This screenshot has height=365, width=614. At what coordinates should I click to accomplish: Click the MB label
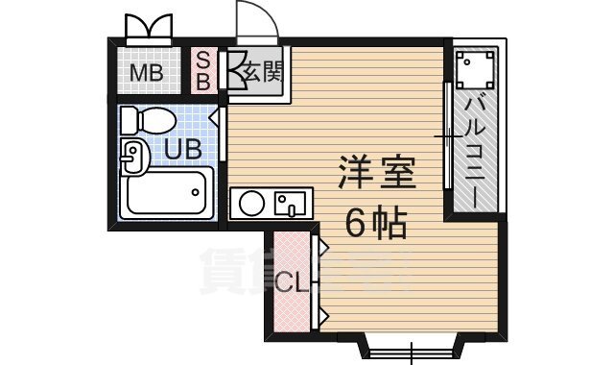tap(147, 73)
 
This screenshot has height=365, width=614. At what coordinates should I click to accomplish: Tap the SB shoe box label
tap(203, 70)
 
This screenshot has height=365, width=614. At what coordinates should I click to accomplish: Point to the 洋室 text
tap(375, 176)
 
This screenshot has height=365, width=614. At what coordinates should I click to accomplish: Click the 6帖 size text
tap(375, 224)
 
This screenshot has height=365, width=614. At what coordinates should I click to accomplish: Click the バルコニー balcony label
tap(475, 148)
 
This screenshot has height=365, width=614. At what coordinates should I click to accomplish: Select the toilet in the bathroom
tap(148, 122)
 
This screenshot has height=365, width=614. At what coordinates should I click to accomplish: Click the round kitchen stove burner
tap(252, 204)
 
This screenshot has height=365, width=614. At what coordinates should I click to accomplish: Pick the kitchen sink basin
tap(288, 204)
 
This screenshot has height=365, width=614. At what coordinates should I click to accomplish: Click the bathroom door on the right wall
tap(223, 134)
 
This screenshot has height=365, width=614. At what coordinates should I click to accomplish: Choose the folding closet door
tap(320, 282)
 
